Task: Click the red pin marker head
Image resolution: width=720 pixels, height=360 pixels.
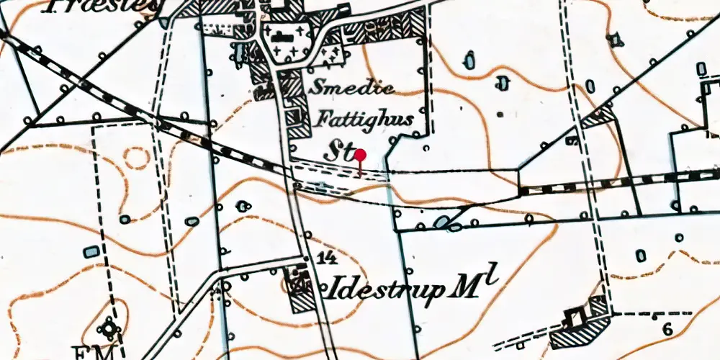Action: point(360,155)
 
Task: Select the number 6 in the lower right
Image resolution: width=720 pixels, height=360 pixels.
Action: point(667,330)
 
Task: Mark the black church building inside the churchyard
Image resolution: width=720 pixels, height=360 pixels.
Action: point(282,34)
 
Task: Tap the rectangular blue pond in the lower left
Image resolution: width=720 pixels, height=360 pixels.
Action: point(90,252)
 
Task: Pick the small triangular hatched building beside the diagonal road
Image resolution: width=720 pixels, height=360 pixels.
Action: point(600,117)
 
